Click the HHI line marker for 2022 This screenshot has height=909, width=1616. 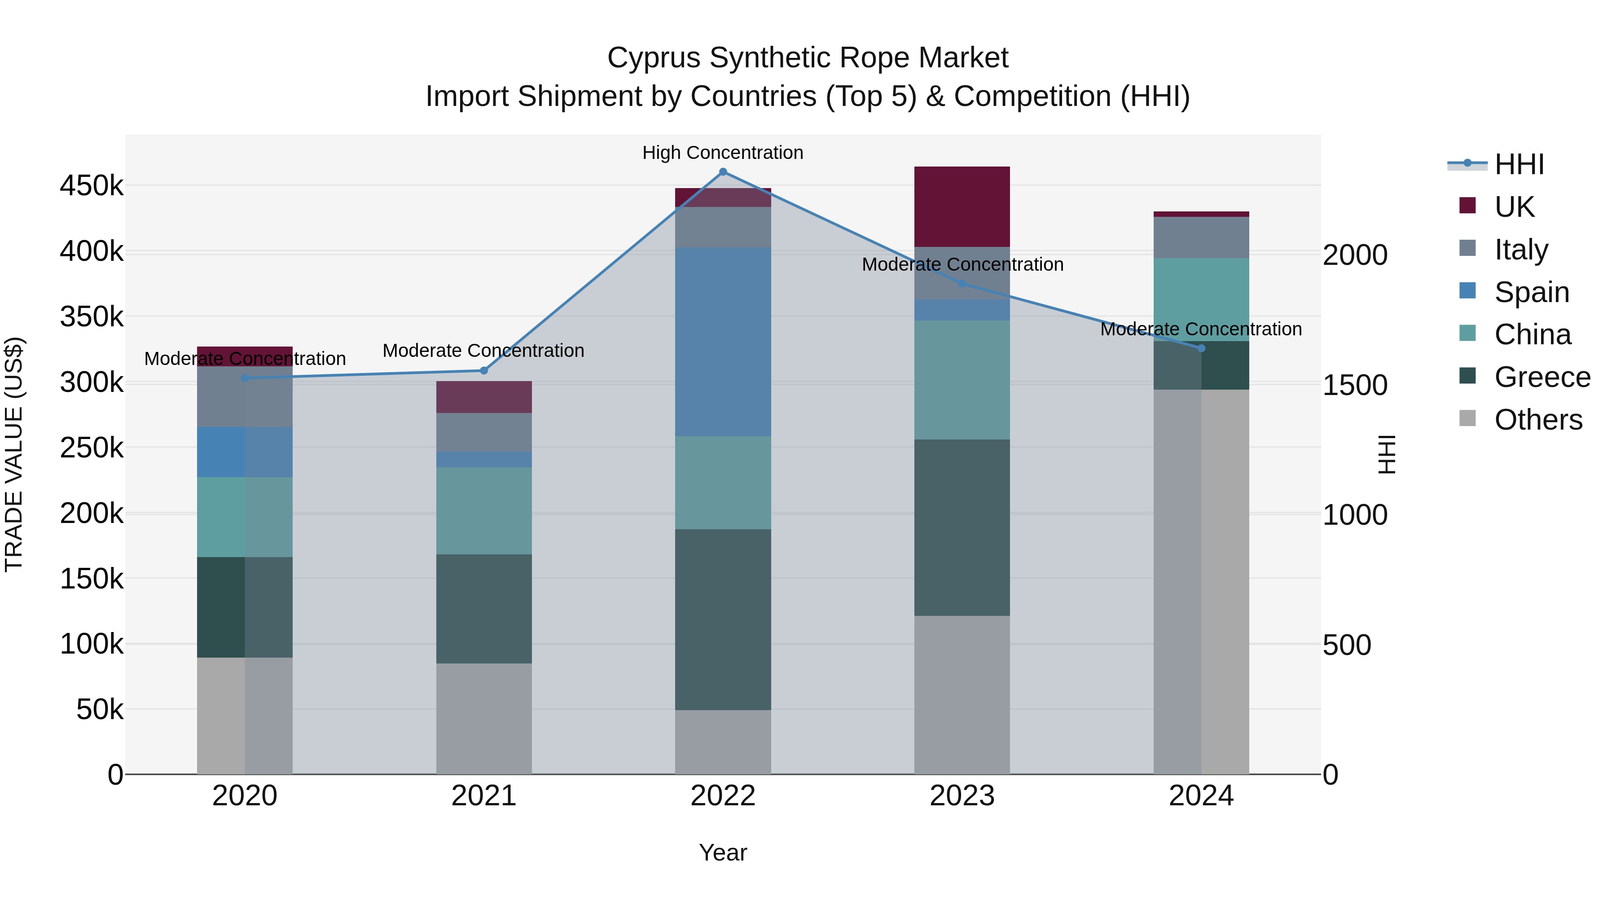click(723, 172)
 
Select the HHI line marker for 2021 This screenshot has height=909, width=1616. click(483, 371)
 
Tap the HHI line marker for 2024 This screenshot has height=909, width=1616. click(1201, 348)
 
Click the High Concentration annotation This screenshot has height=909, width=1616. click(723, 153)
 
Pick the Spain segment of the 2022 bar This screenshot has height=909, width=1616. click(723, 342)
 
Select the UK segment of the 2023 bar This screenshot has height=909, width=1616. click(962, 206)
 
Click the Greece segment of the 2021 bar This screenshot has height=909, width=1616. click(483, 609)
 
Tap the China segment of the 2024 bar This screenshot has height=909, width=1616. click(1201, 299)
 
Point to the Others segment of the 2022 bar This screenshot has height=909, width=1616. click(723, 742)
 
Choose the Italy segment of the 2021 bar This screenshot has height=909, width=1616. click(483, 432)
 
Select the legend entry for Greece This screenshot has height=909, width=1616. click(1542, 378)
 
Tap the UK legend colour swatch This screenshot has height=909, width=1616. click(1468, 206)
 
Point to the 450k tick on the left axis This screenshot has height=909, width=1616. click(92, 186)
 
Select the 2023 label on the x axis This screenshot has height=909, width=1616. click(962, 796)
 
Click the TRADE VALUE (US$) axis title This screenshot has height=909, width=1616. click(14, 454)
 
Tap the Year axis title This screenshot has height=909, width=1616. click(723, 852)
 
